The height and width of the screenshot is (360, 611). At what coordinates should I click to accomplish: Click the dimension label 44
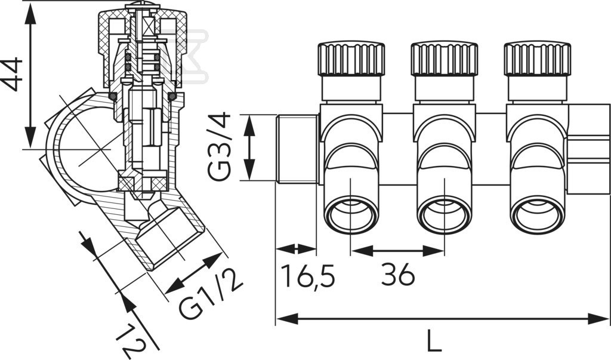pyautogui.click(x=12, y=74)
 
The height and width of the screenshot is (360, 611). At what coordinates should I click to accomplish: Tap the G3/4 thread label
pyautogui.click(x=220, y=147)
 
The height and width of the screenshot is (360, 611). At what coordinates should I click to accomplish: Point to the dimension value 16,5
pyautogui.click(x=308, y=275)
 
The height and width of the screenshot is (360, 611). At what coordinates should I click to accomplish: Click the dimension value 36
pyautogui.click(x=398, y=274)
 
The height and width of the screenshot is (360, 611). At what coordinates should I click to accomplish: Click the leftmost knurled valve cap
pyautogui.click(x=351, y=59)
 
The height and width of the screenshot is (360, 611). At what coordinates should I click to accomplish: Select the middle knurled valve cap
pyautogui.click(x=444, y=59)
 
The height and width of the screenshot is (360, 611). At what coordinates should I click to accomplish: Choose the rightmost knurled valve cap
pyautogui.click(x=538, y=59)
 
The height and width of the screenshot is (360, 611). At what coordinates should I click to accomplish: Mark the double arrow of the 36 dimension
pyautogui.click(x=397, y=251)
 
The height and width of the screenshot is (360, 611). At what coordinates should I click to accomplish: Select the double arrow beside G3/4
pyautogui.click(x=249, y=147)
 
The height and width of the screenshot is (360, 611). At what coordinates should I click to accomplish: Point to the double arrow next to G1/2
pyautogui.click(x=193, y=273)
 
